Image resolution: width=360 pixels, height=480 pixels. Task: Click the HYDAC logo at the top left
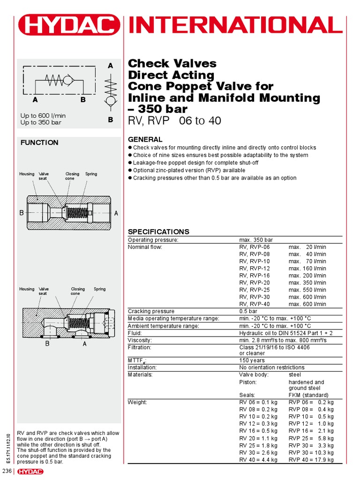(68, 25)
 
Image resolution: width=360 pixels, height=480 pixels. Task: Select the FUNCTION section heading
(39, 142)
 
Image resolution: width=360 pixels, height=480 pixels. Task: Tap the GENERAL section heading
(145, 139)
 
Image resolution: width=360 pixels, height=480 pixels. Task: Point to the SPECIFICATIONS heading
(158, 232)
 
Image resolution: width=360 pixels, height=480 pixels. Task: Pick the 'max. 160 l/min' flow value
(307, 269)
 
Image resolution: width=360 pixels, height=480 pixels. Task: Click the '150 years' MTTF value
(253, 360)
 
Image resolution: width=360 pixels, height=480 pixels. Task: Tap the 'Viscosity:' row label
(140, 340)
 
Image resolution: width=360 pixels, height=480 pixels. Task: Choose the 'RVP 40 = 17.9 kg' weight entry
(311, 460)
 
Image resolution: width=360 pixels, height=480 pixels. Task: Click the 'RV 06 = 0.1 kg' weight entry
(258, 402)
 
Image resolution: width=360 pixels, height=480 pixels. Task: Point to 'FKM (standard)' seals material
(308, 395)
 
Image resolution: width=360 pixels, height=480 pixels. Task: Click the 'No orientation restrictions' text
(272, 367)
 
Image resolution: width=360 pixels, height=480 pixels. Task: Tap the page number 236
(7, 471)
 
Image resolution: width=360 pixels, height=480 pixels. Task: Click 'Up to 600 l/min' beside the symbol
(43, 115)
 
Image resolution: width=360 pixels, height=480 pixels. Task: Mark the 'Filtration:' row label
(140, 347)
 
